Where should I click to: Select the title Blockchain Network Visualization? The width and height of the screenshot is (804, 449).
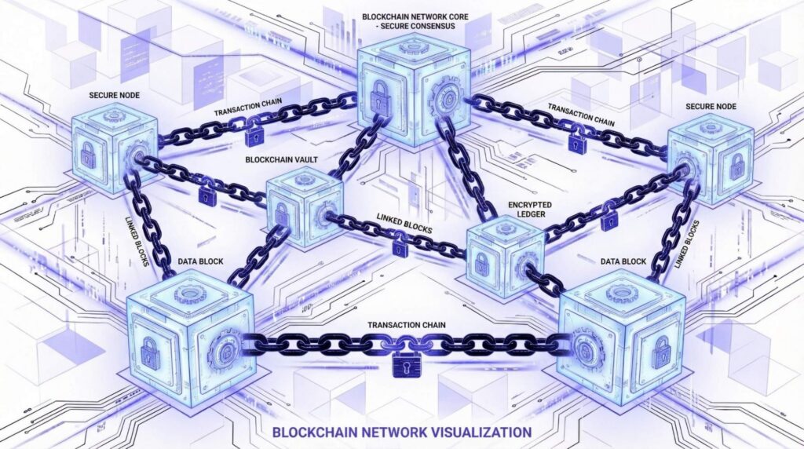[x=401, y=431]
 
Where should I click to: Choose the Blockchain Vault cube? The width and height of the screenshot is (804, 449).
[x=304, y=206]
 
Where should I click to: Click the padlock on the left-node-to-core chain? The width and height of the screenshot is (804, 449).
[x=253, y=136]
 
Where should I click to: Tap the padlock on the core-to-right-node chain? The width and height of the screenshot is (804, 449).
[x=577, y=143]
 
